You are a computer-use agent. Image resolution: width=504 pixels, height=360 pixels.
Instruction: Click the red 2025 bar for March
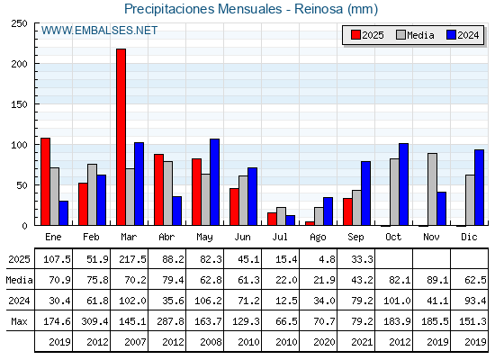click(121, 137)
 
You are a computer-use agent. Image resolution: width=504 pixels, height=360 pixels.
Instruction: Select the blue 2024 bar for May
click(215, 182)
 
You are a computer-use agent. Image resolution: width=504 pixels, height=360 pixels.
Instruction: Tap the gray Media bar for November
click(432, 189)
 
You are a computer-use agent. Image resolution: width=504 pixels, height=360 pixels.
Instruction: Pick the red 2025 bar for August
click(310, 223)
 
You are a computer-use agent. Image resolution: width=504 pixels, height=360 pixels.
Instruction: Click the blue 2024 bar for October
click(404, 184)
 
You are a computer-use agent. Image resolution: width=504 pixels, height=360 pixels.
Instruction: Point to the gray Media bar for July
click(281, 216)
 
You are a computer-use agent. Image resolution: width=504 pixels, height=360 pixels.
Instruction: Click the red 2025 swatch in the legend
click(355, 35)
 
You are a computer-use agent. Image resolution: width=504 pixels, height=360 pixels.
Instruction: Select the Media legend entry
click(415, 35)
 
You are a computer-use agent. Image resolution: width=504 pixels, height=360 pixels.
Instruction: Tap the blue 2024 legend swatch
click(451, 35)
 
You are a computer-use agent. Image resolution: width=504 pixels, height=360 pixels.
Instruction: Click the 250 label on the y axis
click(19, 23)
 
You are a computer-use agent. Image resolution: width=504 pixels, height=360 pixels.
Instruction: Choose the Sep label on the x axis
click(355, 237)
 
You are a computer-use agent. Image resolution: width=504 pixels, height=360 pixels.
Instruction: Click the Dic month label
click(469, 237)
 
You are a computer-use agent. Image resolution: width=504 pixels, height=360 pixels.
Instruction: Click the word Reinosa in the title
click(319, 9)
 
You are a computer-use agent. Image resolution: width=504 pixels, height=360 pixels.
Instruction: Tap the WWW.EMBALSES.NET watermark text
click(99, 31)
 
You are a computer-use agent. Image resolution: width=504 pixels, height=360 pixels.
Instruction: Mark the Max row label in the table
click(19, 321)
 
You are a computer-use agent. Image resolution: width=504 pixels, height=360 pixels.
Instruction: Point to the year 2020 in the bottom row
click(324, 342)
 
